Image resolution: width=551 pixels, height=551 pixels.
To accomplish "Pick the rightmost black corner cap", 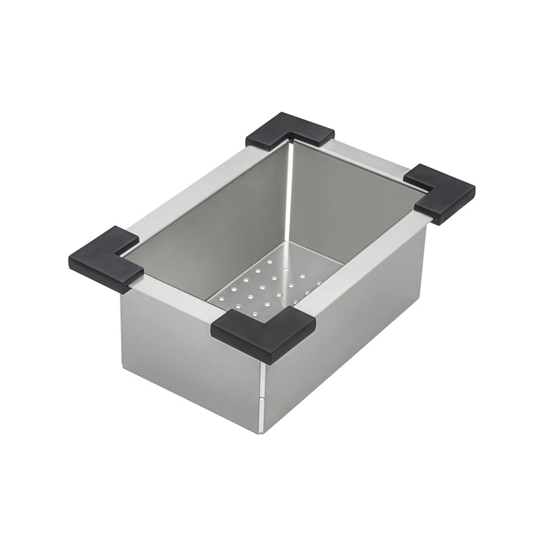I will click(441, 193).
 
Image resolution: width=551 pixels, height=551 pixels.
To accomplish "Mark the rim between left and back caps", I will click(193, 186).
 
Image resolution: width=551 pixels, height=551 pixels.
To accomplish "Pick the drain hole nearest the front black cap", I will click(256, 313).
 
